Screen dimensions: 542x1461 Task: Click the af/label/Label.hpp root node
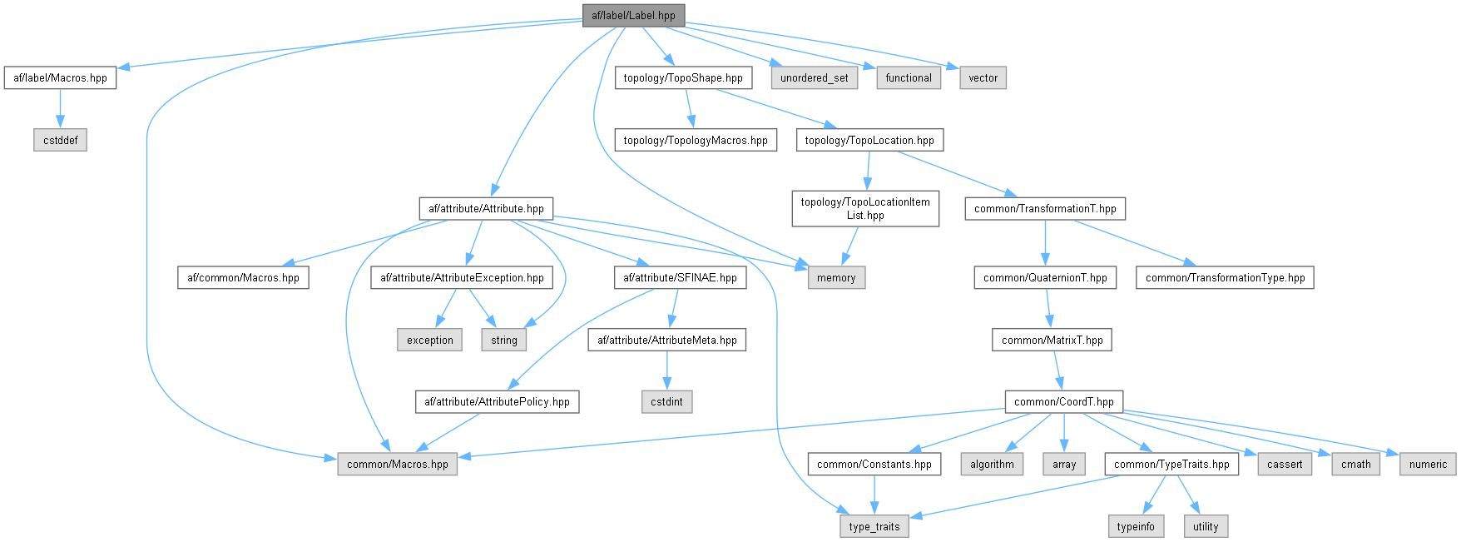(x=633, y=15)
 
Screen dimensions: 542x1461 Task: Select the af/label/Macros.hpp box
(x=60, y=77)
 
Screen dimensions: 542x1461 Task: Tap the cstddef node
(x=61, y=140)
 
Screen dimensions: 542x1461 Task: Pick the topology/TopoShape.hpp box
(x=683, y=77)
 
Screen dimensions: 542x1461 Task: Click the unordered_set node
(x=814, y=77)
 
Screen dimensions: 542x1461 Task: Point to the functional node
(x=908, y=77)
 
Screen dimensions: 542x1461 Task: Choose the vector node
(x=983, y=77)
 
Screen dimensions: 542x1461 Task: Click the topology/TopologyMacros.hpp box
(x=696, y=140)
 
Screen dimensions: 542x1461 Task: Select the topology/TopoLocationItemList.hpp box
(x=865, y=208)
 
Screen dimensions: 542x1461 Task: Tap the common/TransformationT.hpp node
(x=1045, y=208)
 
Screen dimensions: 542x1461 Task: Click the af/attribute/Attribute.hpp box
(x=486, y=208)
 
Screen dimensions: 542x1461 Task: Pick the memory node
(x=836, y=277)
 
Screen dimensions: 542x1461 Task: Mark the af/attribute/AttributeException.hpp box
(x=462, y=277)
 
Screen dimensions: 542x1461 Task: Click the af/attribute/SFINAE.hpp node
(x=680, y=277)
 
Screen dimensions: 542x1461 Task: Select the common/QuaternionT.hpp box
(x=1045, y=277)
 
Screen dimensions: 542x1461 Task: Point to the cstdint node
(x=666, y=401)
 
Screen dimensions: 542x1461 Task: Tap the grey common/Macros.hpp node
(x=397, y=464)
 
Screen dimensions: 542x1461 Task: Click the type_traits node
(x=874, y=526)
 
